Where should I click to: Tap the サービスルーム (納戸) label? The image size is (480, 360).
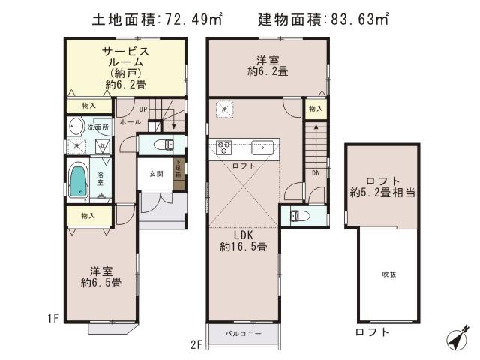[126, 67]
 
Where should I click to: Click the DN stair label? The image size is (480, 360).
[316, 172]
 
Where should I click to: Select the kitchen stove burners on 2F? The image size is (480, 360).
[223, 146]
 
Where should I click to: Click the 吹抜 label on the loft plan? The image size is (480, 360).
[388, 274]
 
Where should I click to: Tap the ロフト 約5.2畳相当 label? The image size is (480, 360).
[382, 187]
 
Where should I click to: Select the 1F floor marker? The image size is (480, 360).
[52, 318]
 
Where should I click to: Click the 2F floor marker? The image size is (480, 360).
[197, 344]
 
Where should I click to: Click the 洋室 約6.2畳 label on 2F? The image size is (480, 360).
[268, 67]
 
